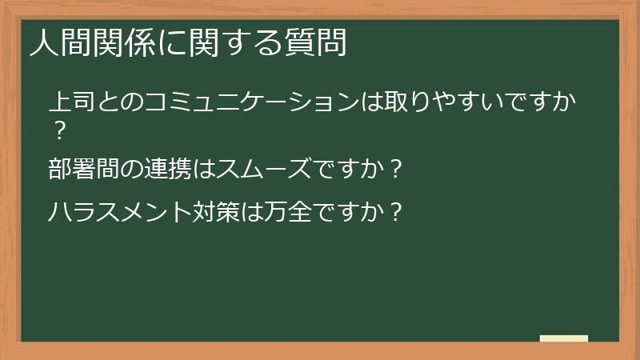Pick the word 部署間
[86, 170]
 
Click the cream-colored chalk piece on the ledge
[564, 338]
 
